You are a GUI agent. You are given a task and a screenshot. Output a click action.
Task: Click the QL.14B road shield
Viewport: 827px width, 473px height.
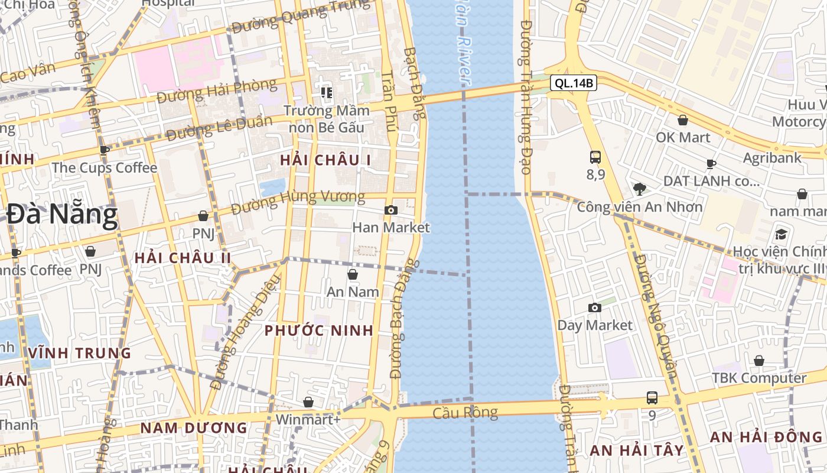pos(573,83)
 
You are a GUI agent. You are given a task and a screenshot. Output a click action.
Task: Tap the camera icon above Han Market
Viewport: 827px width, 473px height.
pos(390,210)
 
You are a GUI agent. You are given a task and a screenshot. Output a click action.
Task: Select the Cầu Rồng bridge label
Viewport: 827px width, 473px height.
pos(465,413)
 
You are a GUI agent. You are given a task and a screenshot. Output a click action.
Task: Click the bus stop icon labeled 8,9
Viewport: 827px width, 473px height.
pos(595,157)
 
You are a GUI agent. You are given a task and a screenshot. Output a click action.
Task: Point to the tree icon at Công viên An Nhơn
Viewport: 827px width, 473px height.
pos(639,189)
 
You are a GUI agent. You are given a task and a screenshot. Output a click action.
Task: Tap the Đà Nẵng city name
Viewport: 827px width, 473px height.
pos(62,215)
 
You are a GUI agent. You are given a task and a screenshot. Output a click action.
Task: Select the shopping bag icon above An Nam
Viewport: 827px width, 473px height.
pos(353,274)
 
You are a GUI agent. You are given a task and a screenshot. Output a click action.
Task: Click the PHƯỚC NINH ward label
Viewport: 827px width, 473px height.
pos(319,331)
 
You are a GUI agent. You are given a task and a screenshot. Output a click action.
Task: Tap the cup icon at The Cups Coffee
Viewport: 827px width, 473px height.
pos(105,150)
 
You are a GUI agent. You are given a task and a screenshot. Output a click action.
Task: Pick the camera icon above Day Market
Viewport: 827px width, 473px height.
pos(595,307)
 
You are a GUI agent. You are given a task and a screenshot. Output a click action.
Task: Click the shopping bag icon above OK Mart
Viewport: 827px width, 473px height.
pos(683,120)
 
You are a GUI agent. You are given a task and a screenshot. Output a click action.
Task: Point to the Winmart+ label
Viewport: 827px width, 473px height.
pos(308,420)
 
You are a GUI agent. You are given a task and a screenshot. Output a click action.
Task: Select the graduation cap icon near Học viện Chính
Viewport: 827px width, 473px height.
pos(781,234)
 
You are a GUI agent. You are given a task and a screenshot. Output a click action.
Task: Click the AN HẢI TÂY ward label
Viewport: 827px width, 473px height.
pos(637,450)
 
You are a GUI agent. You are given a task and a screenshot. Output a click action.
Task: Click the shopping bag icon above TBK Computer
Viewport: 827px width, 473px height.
pos(759,361)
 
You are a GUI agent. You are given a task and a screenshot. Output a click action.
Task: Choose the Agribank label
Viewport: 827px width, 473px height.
pos(772,158)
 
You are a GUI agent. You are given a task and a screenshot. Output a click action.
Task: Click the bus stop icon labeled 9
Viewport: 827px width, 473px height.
pos(652,398)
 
